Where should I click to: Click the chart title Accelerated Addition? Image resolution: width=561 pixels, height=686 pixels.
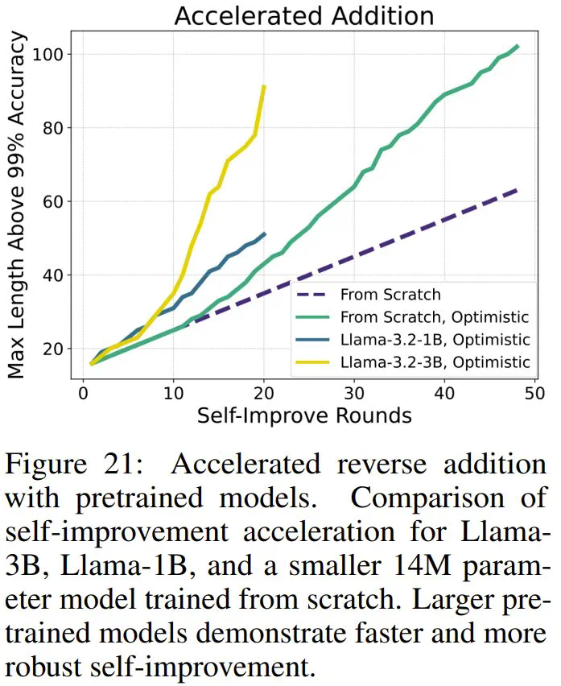pyautogui.click(x=303, y=16)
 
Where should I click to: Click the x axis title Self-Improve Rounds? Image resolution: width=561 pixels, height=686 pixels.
pyautogui.click(x=304, y=415)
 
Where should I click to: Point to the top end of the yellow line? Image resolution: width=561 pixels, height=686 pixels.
pyautogui.click(x=264, y=85)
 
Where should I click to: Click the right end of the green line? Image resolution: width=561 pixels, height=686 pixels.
pyautogui.click(x=518, y=46)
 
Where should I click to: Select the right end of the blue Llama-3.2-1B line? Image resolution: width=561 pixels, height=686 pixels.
pyautogui.click(x=265, y=233)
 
